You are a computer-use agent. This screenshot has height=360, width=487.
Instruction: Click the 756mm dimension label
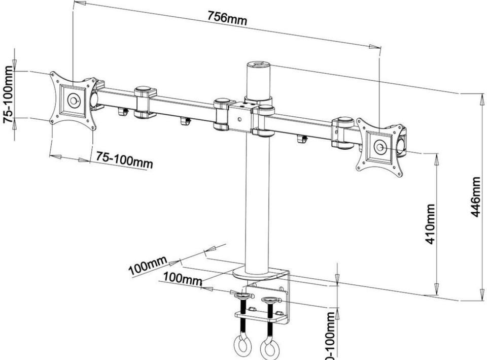227,17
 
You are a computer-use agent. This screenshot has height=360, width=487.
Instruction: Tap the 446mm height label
475,197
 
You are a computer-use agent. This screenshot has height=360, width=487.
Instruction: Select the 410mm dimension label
430,224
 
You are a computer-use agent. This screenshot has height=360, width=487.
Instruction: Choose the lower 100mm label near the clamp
182,279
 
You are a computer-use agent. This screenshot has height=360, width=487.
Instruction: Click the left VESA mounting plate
73,101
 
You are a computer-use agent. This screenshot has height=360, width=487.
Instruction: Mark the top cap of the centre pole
258,64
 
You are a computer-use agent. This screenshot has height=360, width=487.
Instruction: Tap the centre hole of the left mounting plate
73,101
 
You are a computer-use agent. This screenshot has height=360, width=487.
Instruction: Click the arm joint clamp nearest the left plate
145,102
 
